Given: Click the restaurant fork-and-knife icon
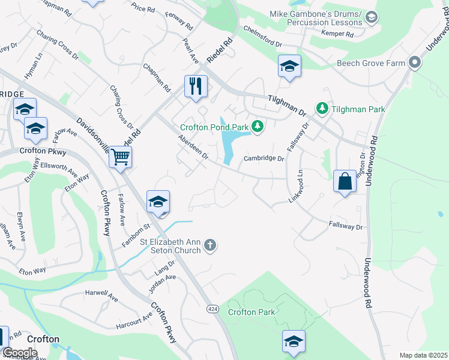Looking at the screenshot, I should click(196, 86).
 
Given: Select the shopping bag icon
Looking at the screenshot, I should click(345, 181).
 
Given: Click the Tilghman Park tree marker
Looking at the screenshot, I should click(322, 108).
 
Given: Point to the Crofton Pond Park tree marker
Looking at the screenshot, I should click(258, 126).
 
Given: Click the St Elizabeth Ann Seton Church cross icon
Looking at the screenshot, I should click(209, 244).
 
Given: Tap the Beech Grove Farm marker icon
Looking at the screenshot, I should click(414, 62).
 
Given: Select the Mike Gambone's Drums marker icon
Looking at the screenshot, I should click(372, 18).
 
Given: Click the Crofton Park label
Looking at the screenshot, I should click(252, 312).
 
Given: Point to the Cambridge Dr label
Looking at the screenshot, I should click(263, 159).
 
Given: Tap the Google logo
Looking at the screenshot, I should click(19, 352).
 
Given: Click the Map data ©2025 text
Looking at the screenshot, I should click(423, 355).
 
